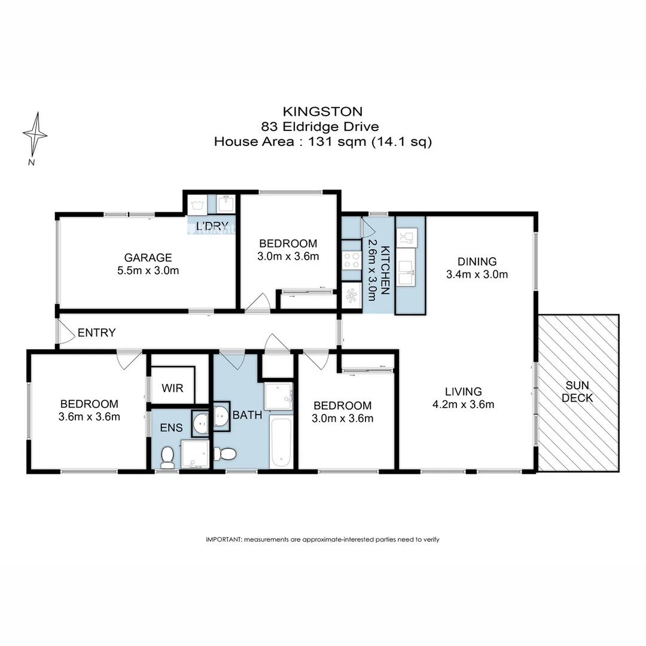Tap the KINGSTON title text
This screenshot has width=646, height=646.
[x=322, y=111]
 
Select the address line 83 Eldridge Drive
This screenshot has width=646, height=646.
[x=322, y=126]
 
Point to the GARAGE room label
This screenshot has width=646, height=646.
[x=148, y=258]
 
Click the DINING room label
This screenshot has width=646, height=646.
[x=477, y=261]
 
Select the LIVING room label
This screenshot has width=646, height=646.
[x=463, y=392]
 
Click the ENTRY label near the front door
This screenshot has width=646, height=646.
[x=96, y=333]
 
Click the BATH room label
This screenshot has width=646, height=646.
[x=248, y=415]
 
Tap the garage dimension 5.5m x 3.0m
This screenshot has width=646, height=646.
[x=148, y=270]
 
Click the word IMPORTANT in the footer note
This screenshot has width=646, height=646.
[x=223, y=540]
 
